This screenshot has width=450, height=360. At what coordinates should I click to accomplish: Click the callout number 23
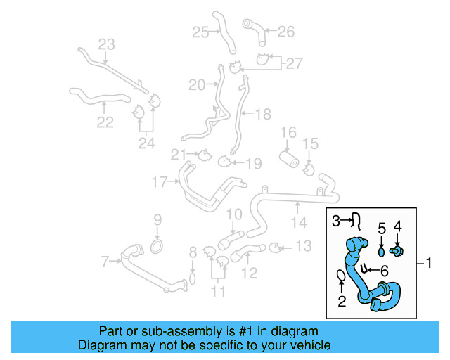click(105, 44)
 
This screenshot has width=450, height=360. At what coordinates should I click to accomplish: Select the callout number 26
click(285, 31)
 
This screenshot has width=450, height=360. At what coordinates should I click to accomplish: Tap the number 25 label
click(200, 32)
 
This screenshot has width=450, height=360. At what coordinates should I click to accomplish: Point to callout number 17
click(160, 183)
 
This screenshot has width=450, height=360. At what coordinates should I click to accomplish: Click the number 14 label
click(300, 223)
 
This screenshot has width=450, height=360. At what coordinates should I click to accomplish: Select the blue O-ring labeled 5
click(382, 251)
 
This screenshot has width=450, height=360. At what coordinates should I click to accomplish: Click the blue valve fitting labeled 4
click(397, 250)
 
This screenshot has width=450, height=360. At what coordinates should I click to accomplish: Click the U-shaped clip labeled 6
click(366, 268)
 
